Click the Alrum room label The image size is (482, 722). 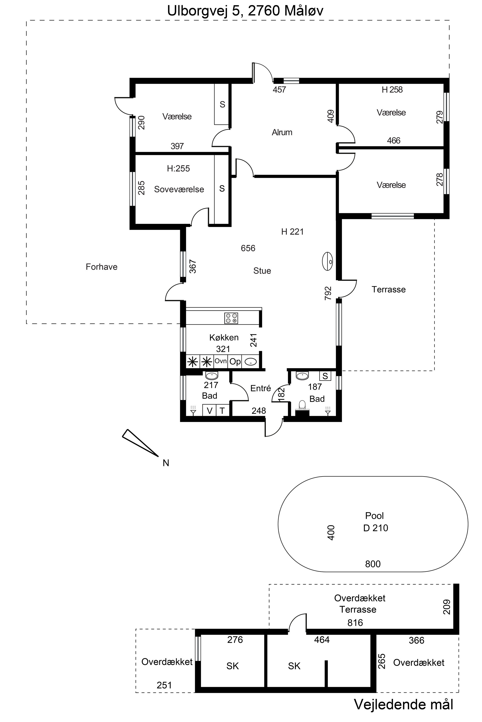tap(282, 132)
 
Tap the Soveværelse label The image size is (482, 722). tap(179, 189)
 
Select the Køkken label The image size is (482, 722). tap(224, 337)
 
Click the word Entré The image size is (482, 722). tap(260, 388)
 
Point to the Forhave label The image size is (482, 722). tap(101, 267)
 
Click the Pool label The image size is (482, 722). tap(375, 516)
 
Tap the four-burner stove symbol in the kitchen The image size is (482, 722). tap(231, 318)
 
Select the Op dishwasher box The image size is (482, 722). tap(235, 362)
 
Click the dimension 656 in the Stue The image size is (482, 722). tap(248, 248)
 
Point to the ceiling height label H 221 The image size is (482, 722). tap(292, 232)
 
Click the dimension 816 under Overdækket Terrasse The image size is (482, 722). tap(355, 623)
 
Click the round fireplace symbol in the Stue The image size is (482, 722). tap(328, 262)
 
